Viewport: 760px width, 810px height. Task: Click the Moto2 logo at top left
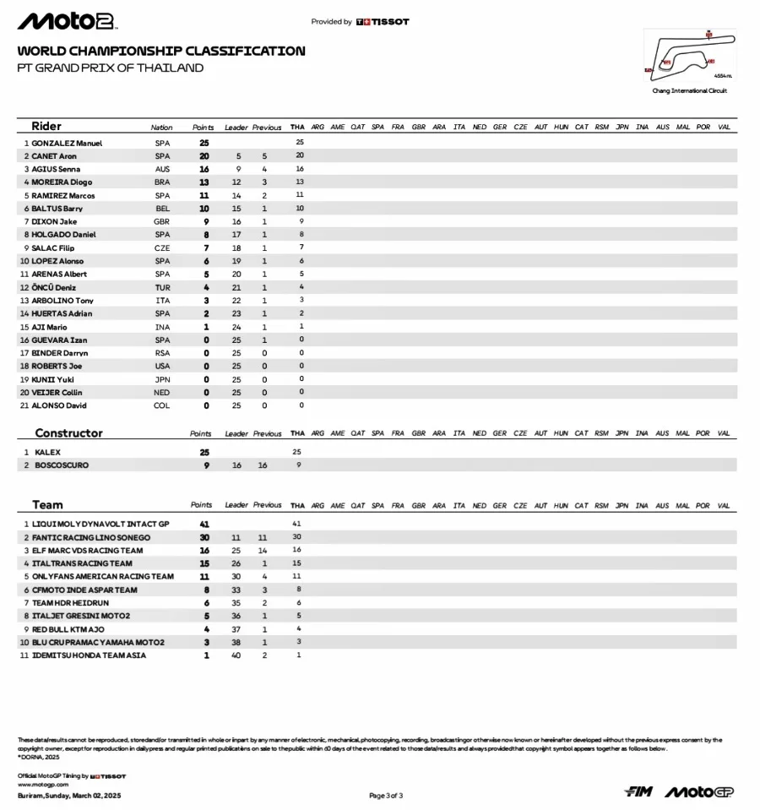click(x=68, y=21)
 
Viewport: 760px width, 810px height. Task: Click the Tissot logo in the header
click(x=383, y=22)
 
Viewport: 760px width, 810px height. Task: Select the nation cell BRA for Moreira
click(x=162, y=182)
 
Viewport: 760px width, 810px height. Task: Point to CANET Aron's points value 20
click(x=204, y=156)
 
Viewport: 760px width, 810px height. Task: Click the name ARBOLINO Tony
click(x=62, y=301)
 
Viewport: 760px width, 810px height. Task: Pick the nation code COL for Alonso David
click(x=162, y=405)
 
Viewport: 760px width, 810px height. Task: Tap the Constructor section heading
click(x=68, y=433)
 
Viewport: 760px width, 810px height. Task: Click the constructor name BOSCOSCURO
click(x=62, y=465)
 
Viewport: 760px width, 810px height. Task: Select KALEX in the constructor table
click(x=47, y=452)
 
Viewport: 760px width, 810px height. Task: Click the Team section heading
click(x=47, y=505)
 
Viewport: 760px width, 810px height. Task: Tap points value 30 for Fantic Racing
click(x=204, y=537)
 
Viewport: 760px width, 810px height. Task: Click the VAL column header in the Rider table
click(x=724, y=128)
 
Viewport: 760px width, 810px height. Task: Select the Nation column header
click(x=162, y=128)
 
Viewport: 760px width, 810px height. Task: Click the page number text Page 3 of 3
click(x=386, y=795)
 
